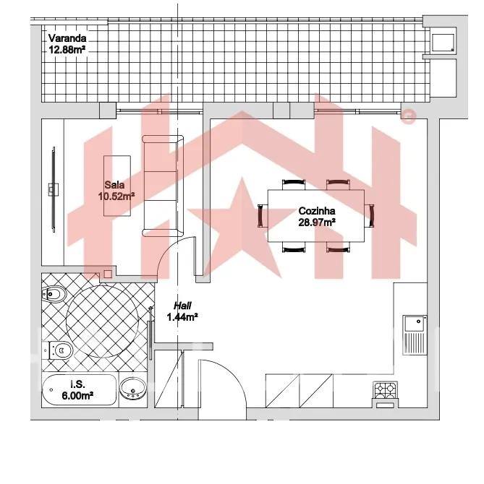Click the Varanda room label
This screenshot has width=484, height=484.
[x=67, y=38]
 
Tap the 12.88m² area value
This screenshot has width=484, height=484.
[x=67, y=50]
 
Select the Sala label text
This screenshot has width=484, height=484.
[x=114, y=185]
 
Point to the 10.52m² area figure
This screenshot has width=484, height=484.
[x=116, y=196]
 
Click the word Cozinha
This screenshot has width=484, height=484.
[x=317, y=211]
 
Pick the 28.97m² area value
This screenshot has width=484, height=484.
[x=317, y=222]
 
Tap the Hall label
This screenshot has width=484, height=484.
[x=182, y=306]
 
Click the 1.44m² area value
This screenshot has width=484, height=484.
[x=182, y=317]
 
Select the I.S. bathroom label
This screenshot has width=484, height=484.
[x=77, y=384]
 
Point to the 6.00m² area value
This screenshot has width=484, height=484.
[x=77, y=395]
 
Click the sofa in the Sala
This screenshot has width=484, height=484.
[x=163, y=186]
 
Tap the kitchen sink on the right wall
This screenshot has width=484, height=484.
[x=415, y=335]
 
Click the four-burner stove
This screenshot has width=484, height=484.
[x=386, y=391]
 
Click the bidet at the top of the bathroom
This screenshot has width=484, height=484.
[x=54, y=294]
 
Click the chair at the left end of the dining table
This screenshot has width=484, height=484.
[x=263, y=215]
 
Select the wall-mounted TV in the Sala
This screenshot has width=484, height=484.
[x=54, y=189]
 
